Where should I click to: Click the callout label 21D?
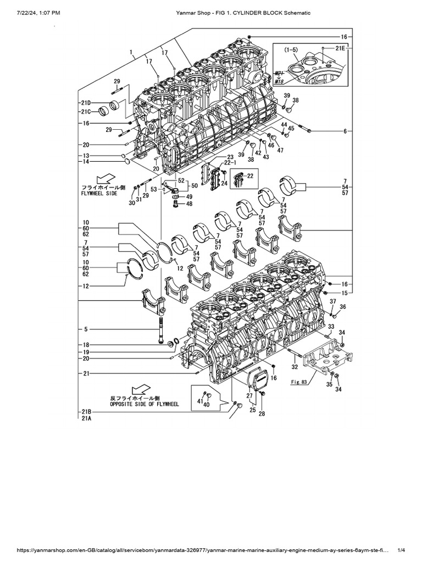[x=85, y=103]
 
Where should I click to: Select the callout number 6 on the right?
[x=345, y=131]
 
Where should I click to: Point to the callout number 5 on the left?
[x=86, y=329]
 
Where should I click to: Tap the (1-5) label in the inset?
[x=291, y=51]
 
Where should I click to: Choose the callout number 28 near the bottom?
[x=262, y=413]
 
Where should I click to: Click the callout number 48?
[x=190, y=204]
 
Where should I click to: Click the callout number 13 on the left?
[x=86, y=156]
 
